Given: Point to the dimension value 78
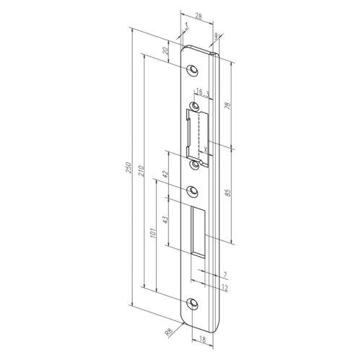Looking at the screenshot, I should pos(229,105).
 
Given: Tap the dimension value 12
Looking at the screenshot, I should pos(225,288).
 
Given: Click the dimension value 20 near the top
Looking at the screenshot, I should pos(168,52).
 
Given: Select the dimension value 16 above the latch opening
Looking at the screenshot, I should pos(198,92).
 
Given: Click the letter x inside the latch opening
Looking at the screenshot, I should pos(206,149).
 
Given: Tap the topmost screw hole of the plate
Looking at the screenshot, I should pos(193,69).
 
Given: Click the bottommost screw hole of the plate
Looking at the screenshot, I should pos(193,304).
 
